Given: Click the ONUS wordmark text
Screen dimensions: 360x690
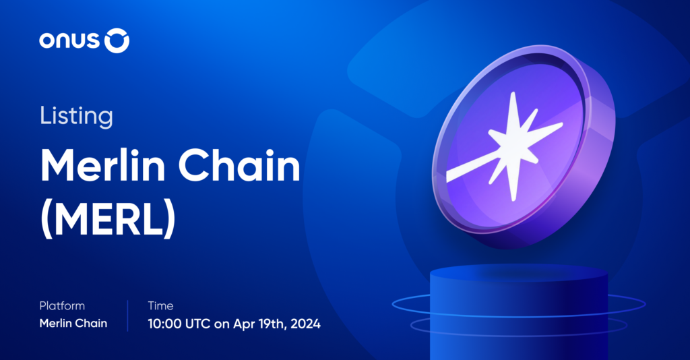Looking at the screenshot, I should point(69,42).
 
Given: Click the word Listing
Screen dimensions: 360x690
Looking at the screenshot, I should point(76,116).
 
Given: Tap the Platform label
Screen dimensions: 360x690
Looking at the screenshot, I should point(62,306).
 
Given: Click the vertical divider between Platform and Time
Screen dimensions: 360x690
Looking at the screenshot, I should point(127,315).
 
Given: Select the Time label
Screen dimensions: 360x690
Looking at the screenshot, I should point(160,306).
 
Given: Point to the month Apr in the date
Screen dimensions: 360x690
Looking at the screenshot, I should point(241,324).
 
